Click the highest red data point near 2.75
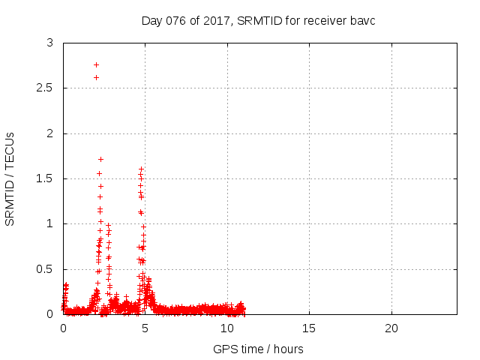(96, 64)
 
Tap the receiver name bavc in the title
(361, 20)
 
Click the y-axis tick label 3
(49, 43)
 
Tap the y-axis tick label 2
(49, 133)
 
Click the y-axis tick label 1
(49, 223)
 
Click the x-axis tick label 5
(145, 328)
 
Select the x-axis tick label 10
(226, 328)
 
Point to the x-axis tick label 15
(309, 328)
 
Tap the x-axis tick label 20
(391, 328)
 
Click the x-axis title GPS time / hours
(258, 349)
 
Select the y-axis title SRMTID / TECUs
(10, 178)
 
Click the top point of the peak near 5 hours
(140, 169)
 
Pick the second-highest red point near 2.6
(96, 77)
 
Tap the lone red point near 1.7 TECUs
(100, 159)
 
